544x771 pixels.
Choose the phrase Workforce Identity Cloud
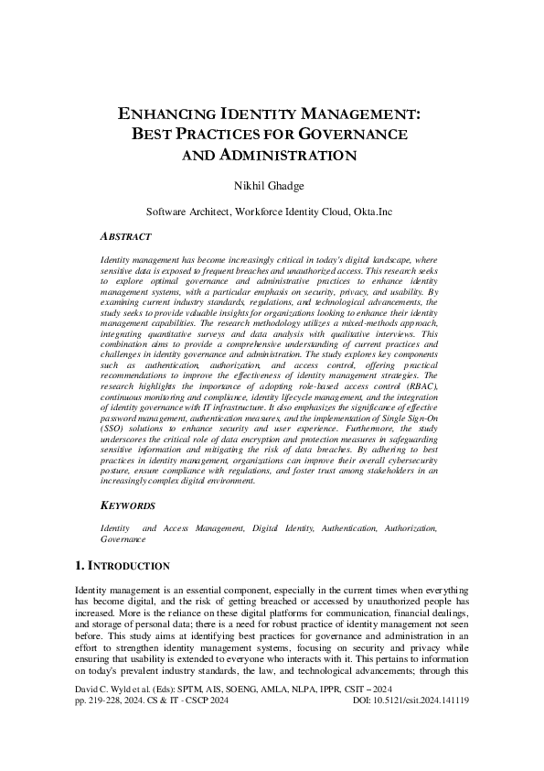coord(285,210)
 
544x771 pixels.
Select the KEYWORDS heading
coord(127,505)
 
